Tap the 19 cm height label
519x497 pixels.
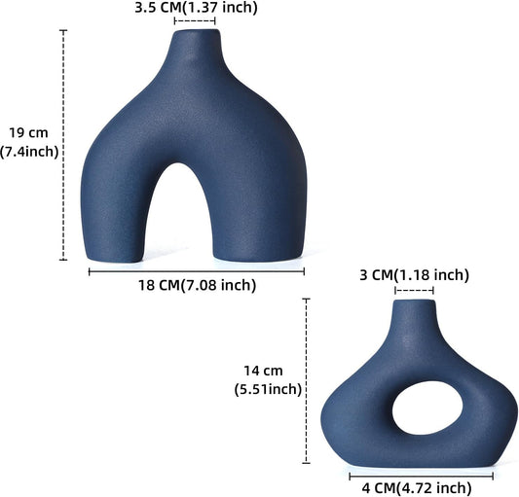coord(29,132)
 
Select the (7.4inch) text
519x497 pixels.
coord(30,151)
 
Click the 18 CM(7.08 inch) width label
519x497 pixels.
coord(199,285)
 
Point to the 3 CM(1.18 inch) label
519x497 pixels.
coord(414,275)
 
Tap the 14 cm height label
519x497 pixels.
coord(263,371)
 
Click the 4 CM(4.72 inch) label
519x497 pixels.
coord(422,487)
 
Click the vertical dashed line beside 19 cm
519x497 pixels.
coord(64,146)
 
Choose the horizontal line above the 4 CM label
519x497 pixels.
coord(421,476)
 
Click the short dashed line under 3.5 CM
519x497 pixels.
coord(195,20)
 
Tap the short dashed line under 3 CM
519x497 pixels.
coord(414,289)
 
